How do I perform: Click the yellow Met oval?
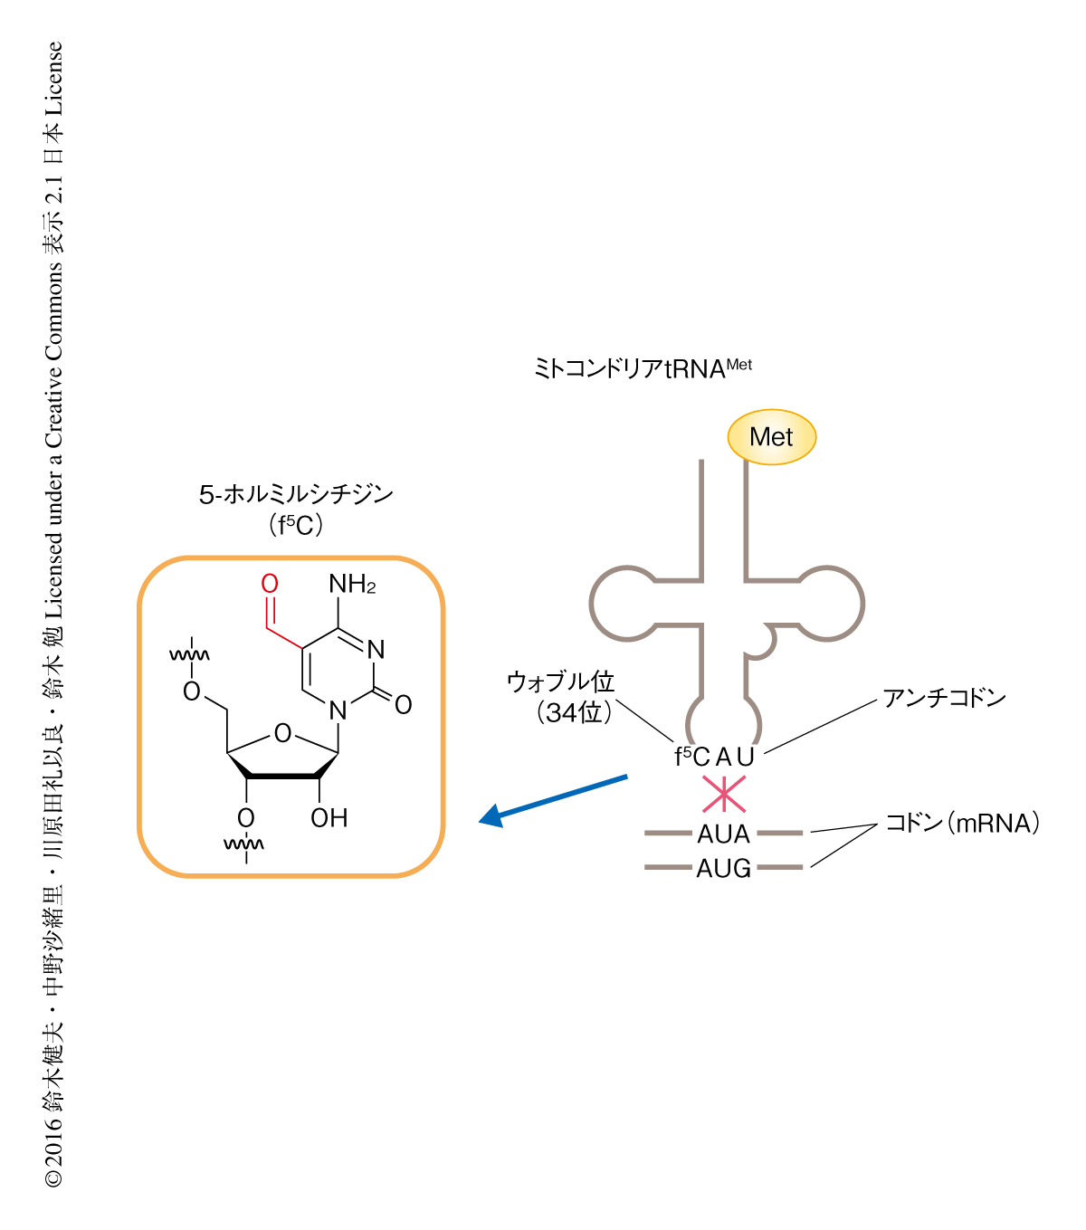771,437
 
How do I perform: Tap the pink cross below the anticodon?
724,794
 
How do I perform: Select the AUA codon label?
724,834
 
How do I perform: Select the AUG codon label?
724,869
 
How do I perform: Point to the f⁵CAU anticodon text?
714,757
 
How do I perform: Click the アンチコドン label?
944,698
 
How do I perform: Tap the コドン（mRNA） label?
962,824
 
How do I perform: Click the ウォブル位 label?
560,682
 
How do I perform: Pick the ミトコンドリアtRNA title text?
643,368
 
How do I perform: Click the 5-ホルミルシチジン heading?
296,494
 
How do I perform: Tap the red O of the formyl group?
270,585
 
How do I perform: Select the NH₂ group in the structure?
352,585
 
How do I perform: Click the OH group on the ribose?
329,818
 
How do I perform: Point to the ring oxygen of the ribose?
283,733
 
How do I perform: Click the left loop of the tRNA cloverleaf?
621,605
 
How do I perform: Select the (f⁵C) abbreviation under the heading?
296,525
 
